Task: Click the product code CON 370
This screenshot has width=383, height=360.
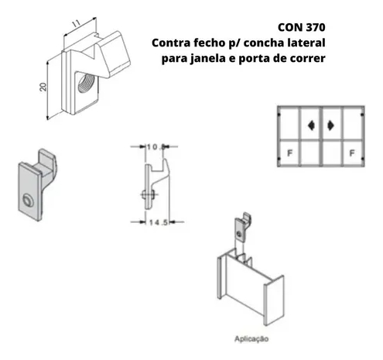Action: click(302, 27)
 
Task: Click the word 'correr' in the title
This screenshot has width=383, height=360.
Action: click(308, 59)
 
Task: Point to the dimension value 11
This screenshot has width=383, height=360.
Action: click(76, 24)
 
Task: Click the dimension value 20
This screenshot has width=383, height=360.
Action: click(43, 87)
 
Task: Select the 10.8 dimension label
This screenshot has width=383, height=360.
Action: click(156, 147)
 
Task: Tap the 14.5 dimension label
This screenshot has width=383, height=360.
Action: click(159, 222)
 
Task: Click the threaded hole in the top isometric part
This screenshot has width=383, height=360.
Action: click(86, 83)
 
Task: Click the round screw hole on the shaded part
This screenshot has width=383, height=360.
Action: click(28, 201)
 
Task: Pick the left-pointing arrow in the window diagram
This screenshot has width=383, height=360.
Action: click(311, 125)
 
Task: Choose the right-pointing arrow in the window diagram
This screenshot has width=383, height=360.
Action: click(330, 125)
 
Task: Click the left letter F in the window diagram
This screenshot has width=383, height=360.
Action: click(290, 153)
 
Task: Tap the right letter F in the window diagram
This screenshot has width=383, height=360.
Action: click(352, 153)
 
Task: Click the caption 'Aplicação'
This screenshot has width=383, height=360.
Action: click(251, 339)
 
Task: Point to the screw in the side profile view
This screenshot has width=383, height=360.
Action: click(149, 194)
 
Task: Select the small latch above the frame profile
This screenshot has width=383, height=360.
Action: click(243, 227)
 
